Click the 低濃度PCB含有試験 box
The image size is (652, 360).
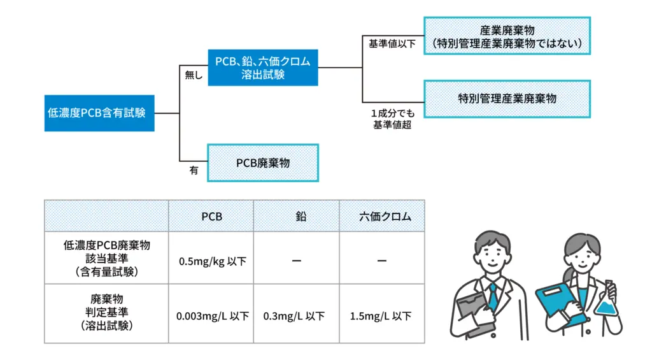click(99, 113)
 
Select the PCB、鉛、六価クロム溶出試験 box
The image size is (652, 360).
click(262, 68)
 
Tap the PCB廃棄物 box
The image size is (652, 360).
click(262, 163)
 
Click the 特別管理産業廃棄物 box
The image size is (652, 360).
click(507, 99)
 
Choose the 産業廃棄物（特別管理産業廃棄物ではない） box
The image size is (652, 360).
click(507, 36)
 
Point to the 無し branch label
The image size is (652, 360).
click(193, 76)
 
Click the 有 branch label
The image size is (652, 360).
click(193, 171)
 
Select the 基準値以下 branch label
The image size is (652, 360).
click(391, 45)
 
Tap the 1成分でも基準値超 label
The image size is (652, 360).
click(392, 119)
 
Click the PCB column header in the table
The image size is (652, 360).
click(211, 217)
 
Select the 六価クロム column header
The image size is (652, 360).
click(381, 217)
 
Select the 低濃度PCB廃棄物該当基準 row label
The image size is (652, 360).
click(106, 257)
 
